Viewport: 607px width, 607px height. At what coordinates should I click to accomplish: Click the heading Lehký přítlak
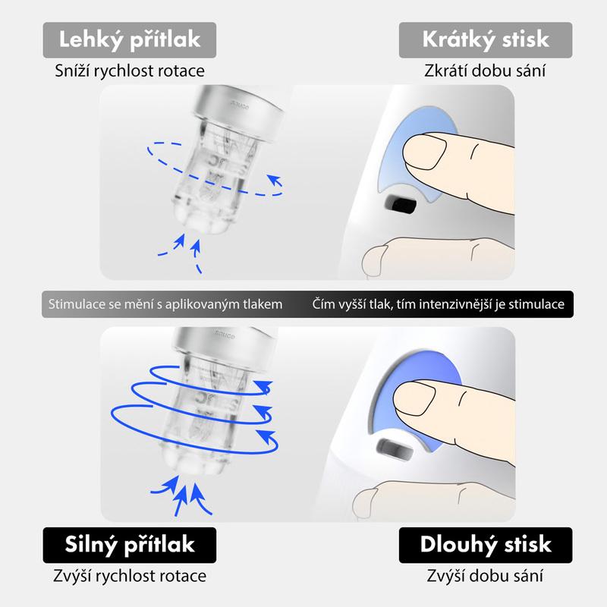tap(129, 40)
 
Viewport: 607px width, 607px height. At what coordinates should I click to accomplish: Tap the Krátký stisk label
tap(486, 40)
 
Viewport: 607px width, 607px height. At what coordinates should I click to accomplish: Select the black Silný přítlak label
tap(129, 545)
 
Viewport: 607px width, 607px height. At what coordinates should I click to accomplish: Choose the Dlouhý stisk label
tap(486, 545)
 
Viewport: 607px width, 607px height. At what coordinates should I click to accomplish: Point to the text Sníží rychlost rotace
tap(130, 71)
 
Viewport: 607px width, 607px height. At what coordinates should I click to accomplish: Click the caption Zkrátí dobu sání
tap(485, 71)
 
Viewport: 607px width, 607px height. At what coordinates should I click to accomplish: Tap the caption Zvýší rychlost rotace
tap(130, 576)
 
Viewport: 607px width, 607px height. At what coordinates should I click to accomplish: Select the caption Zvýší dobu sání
tap(485, 576)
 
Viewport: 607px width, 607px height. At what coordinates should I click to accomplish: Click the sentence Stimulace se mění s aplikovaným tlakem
tap(165, 304)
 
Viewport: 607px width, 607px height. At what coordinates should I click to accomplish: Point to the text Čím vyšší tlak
tap(352, 304)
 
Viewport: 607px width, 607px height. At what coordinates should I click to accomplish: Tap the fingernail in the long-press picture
tap(414, 399)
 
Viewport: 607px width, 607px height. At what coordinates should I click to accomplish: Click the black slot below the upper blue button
tap(401, 204)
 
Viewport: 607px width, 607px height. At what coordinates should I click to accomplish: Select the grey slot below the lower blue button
tap(395, 449)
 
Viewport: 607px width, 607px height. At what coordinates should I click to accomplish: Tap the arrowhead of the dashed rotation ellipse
tap(275, 181)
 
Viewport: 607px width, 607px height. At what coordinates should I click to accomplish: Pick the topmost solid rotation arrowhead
tap(263, 386)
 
